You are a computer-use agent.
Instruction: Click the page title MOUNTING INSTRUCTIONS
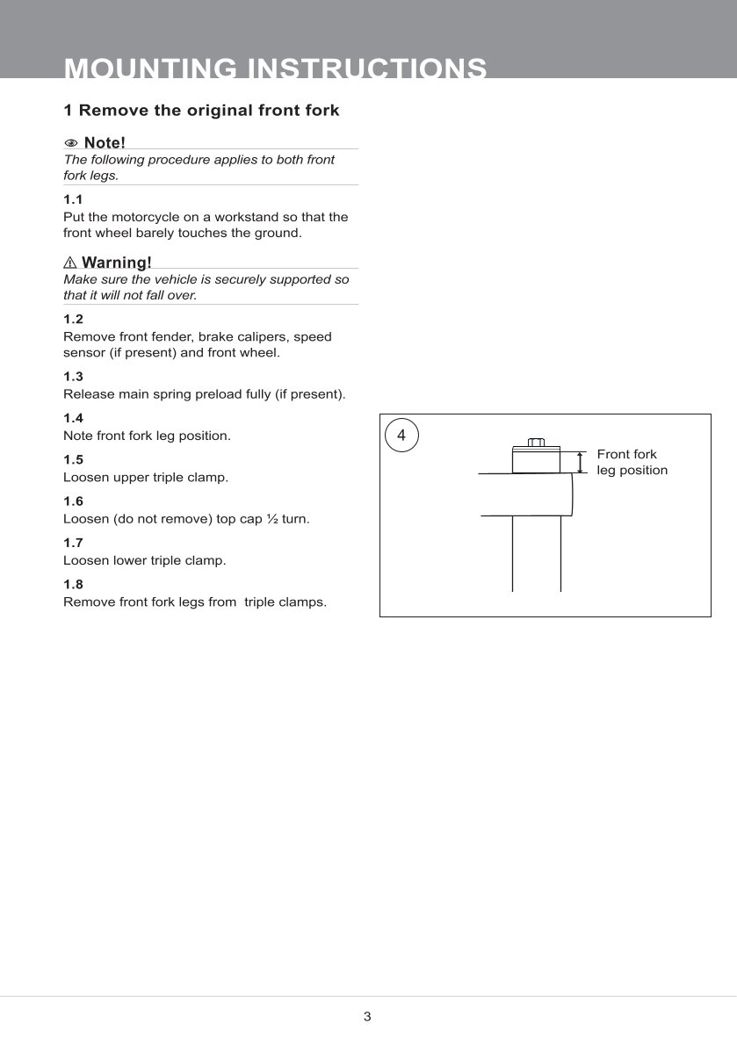point(276,68)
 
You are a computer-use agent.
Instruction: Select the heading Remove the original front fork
point(201,111)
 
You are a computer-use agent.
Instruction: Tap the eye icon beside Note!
point(71,143)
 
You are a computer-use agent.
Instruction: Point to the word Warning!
point(116,263)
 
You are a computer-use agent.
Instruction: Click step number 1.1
point(73,199)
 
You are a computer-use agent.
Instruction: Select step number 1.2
point(73,320)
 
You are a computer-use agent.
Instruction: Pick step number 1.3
point(73,377)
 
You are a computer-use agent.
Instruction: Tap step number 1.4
point(73,418)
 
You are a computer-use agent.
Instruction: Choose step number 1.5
point(73,459)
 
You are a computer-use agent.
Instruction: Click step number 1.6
point(73,501)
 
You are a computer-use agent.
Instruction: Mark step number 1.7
point(73,543)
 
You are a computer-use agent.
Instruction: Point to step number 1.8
point(73,584)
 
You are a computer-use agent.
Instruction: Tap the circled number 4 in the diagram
point(401,435)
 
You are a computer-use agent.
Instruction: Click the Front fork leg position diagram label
point(632,462)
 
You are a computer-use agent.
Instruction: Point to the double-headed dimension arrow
point(581,462)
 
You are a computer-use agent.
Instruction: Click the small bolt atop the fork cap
point(536,443)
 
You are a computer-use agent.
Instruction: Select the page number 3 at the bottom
point(367,1017)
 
